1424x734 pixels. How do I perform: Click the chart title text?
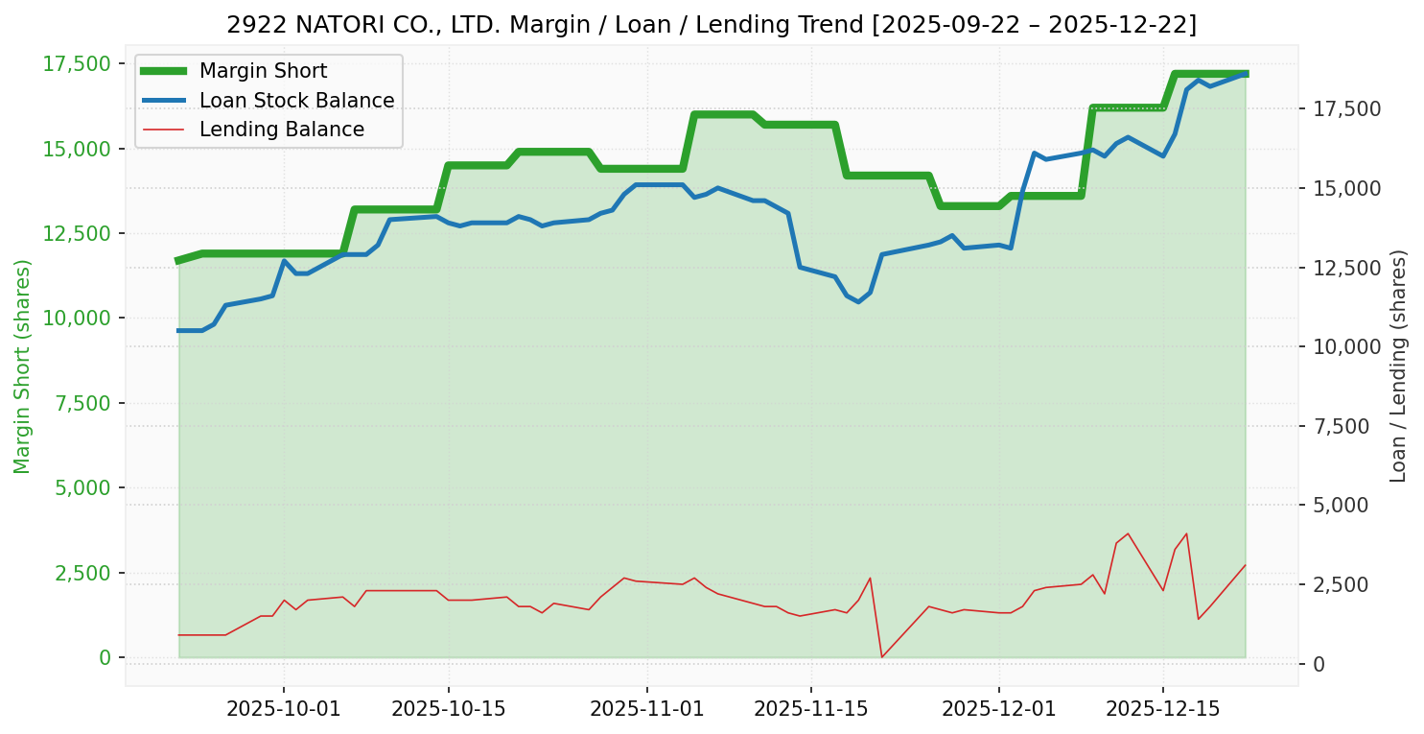712,24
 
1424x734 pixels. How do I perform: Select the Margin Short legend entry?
263,71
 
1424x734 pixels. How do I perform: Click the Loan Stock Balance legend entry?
296,101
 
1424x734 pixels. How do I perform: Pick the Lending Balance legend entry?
281,130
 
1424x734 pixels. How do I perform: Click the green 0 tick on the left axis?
105,657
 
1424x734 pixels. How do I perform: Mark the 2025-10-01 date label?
284,709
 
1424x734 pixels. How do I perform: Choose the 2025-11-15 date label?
811,709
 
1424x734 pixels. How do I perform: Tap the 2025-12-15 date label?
1163,709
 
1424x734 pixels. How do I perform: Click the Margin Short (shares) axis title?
22,367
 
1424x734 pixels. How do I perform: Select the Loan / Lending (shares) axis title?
1399,366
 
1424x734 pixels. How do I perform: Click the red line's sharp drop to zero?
881,657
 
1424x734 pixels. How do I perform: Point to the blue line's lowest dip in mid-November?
858,301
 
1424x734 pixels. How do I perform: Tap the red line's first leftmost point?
178,635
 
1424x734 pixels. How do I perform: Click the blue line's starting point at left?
178,330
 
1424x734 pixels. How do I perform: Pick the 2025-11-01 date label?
647,709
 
